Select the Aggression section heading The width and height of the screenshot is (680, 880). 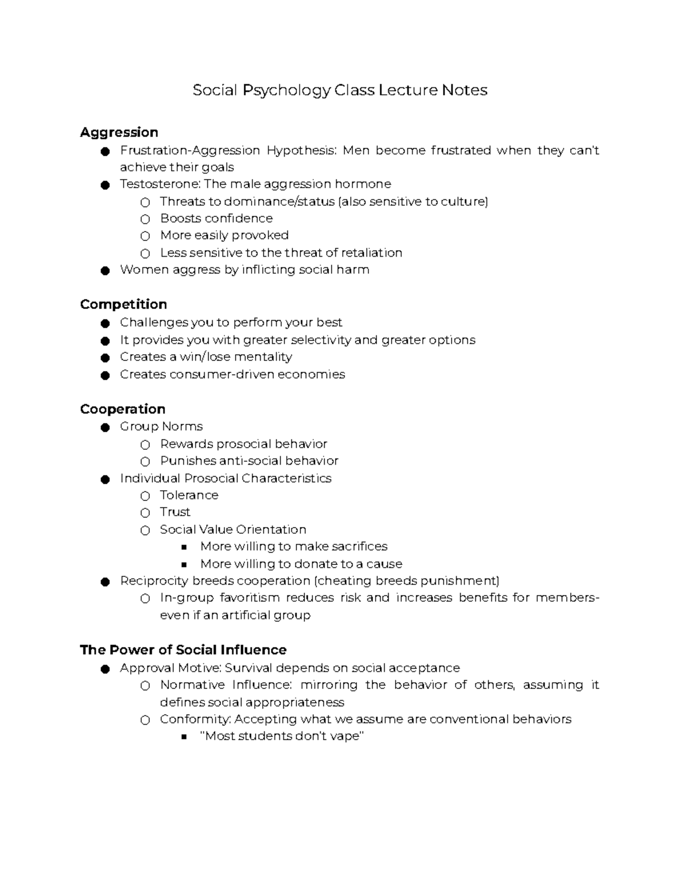(x=119, y=133)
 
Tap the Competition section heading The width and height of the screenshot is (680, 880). (x=124, y=304)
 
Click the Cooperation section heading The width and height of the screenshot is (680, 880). (x=122, y=409)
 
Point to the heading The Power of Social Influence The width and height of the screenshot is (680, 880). (x=183, y=650)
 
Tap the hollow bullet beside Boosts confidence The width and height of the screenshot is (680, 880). (x=145, y=219)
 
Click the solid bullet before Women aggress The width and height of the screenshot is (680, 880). (x=105, y=271)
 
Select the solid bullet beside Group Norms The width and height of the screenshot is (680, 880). (x=105, y=428)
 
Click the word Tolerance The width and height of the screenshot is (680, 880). (x=189, y=495)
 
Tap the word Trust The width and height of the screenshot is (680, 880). (x=175, y=512)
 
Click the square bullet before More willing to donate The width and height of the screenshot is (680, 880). (x=184, y=565)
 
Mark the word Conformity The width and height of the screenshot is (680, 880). (x=195, y=719)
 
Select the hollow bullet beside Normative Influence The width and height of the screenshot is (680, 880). (x=145, y=686)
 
